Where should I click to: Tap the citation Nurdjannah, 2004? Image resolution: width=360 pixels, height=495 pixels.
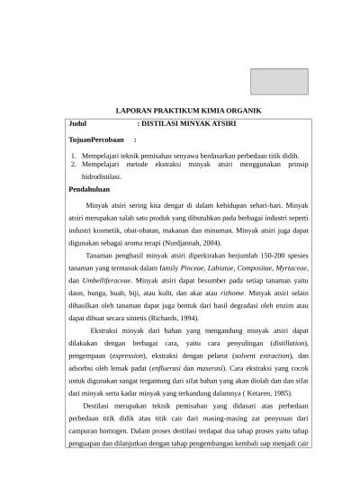coord(184,243)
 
